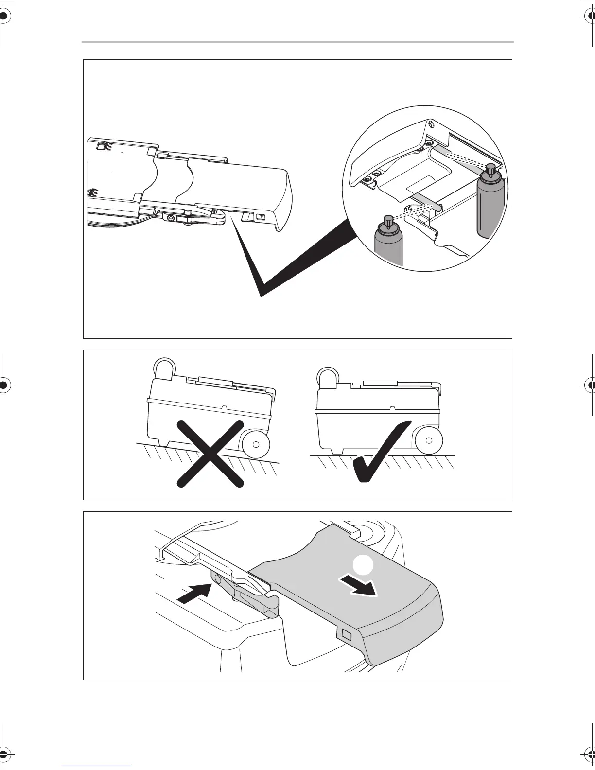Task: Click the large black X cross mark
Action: tap(210, 453)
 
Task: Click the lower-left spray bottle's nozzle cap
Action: tap(388, 221)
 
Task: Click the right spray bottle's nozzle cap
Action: tap(490, 169)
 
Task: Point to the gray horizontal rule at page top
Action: tap(297, 42)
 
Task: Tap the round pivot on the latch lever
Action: tap(217, 579)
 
